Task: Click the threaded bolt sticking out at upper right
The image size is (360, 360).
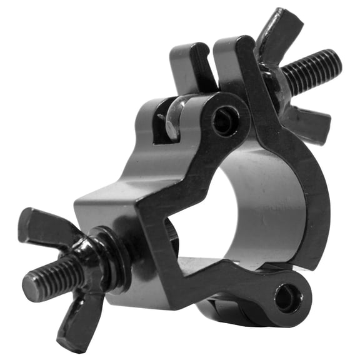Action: (x=316, y=70)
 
